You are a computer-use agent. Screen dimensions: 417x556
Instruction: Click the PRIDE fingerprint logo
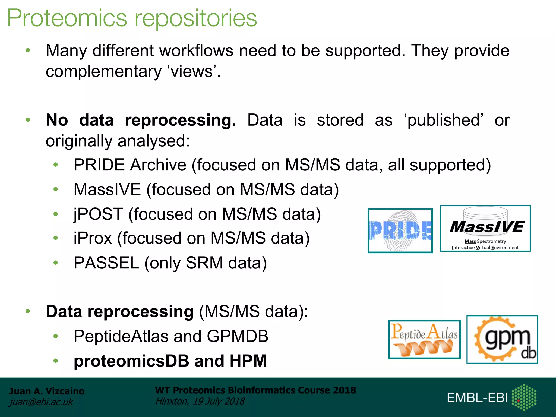click(x=400, y=231)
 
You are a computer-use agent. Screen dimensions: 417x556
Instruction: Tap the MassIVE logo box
click(x=485, y=229)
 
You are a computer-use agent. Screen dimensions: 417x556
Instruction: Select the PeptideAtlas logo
click(x=424, y=339)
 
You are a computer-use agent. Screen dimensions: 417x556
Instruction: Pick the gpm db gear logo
click(x=502, y=339)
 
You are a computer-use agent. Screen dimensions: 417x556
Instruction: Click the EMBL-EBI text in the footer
click(x=477, y=398)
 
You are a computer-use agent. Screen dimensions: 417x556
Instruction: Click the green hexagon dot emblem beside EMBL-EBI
click(x=524, y=397)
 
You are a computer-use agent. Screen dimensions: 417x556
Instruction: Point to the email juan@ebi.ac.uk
click(x=41, y=402)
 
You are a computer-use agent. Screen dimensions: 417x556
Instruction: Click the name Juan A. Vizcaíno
click(x=47, y=391)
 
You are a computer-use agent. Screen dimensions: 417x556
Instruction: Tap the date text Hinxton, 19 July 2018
click(x=200, y=401)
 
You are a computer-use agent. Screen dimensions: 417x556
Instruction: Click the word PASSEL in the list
click(x=106, y=263)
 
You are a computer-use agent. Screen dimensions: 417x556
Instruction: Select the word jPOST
click(x=98, y=214)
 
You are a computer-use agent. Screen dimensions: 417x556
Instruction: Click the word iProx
click(x=93, y=238)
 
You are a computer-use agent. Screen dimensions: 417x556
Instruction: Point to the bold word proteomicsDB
click(x=131, y=361)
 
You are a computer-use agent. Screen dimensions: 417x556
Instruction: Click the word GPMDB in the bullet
click(x=238, y=336)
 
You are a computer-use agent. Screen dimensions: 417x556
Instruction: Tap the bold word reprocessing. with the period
click(x=181, y=120)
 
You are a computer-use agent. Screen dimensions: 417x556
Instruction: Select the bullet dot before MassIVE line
click(x=56, y=189)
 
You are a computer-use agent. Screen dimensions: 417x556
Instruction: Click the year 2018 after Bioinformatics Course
click(x=345, y=390)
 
